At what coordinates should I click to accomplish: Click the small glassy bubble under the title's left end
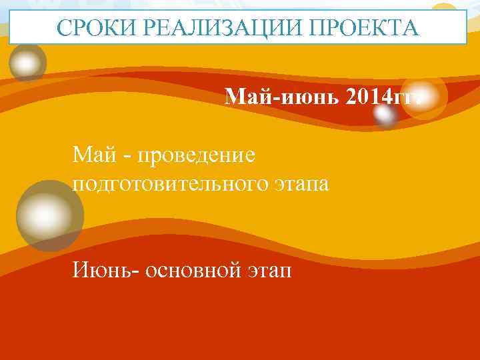[27, 63]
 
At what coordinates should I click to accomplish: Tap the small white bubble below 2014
[385, 116]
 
